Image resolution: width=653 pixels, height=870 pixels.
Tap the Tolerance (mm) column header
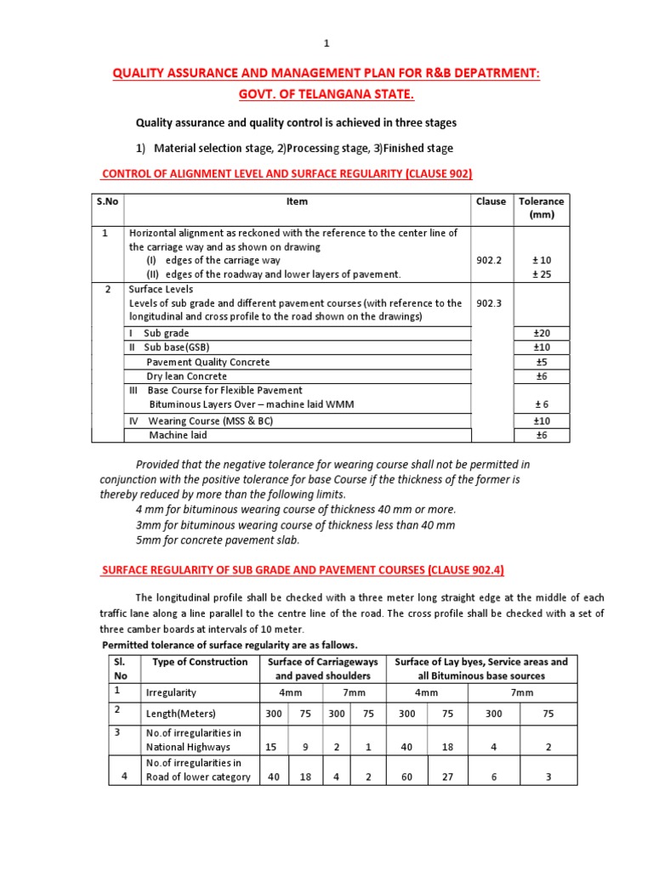point(541,208)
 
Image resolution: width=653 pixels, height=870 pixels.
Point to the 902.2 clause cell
point(490,260)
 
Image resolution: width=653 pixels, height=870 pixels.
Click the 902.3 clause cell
point(490,303)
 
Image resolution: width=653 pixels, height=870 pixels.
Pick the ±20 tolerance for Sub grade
point(541,333)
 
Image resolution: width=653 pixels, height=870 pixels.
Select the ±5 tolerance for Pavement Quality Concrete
point(541,362)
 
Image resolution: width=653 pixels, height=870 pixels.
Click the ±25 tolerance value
point(541,274)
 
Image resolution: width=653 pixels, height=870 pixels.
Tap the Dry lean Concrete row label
point(188,376)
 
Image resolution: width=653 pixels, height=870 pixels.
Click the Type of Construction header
point(200,662)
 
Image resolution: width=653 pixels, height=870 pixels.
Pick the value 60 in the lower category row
point(407,777)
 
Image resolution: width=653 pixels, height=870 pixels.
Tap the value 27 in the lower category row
point(447,777)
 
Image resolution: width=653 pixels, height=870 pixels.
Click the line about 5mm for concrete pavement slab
point(218,540)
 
